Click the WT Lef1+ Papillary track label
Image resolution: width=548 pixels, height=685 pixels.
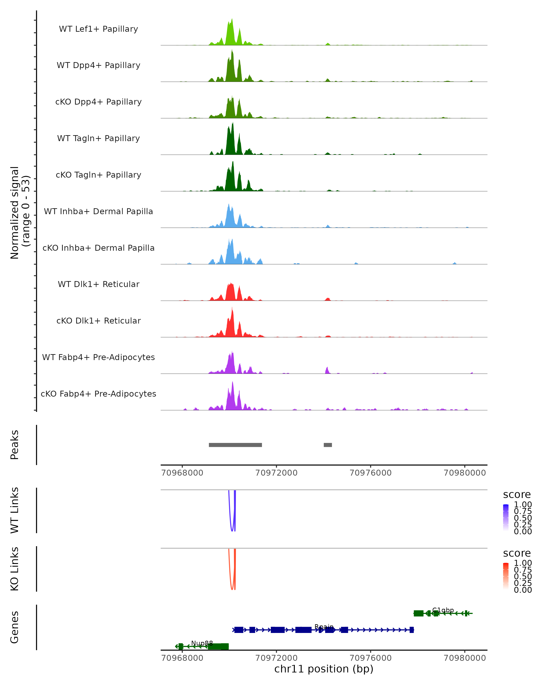98,29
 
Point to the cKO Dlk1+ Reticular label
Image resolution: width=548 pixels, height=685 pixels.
98,321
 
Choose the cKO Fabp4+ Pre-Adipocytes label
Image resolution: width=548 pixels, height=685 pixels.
98,394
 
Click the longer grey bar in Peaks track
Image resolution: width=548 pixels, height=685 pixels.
235,445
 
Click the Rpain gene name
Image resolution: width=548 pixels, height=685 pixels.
324,627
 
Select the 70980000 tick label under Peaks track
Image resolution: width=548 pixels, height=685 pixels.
464,473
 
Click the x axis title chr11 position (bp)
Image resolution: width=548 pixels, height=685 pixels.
324,669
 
